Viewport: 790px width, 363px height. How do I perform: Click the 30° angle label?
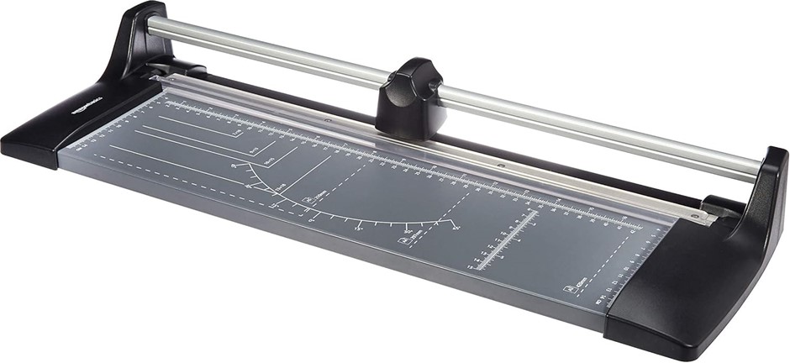pos(408,230)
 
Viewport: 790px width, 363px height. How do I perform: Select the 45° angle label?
pos(455,226)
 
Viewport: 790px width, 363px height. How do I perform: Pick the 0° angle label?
pos(312,218)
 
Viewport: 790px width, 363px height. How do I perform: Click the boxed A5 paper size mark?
pos(308,200)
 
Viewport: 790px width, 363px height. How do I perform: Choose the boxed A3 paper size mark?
pos(568,290)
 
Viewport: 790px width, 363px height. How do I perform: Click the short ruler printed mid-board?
pos(508,239)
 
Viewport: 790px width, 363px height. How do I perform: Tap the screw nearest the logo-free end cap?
pos(695,217)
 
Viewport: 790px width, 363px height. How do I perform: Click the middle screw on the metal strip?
pos(500,166)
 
